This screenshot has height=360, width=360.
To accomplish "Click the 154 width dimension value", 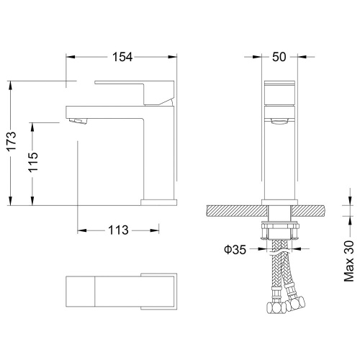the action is pyautogui.click(x=122, y=57).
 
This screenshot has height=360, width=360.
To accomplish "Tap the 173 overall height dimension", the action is pyautogui.click(x=12, y=141).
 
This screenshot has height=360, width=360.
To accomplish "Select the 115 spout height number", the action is pyautogui.click(x=33, y=162).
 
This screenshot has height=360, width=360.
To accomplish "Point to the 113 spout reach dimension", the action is pyautogui.click(x=118, y=230).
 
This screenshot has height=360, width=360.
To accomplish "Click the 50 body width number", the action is pyautogui.click(x=279, y=57).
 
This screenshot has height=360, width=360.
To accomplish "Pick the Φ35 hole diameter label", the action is pyautogui.click(x=235, y=250).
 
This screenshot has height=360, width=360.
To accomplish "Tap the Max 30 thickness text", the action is pyautogui.click(x=349, y=261).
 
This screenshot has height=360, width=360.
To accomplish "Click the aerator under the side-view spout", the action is pyautogui.click(x=77, y=121).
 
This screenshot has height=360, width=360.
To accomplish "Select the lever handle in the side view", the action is pyautogui.click(x=135, y=93).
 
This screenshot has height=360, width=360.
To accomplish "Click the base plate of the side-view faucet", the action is pyautogui.click(x=158, y=202).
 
